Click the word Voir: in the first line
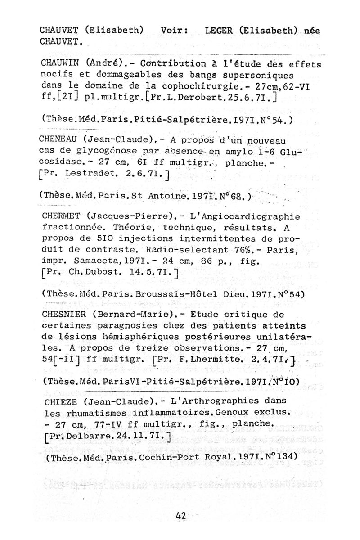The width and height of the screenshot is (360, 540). (x=174, y=31)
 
